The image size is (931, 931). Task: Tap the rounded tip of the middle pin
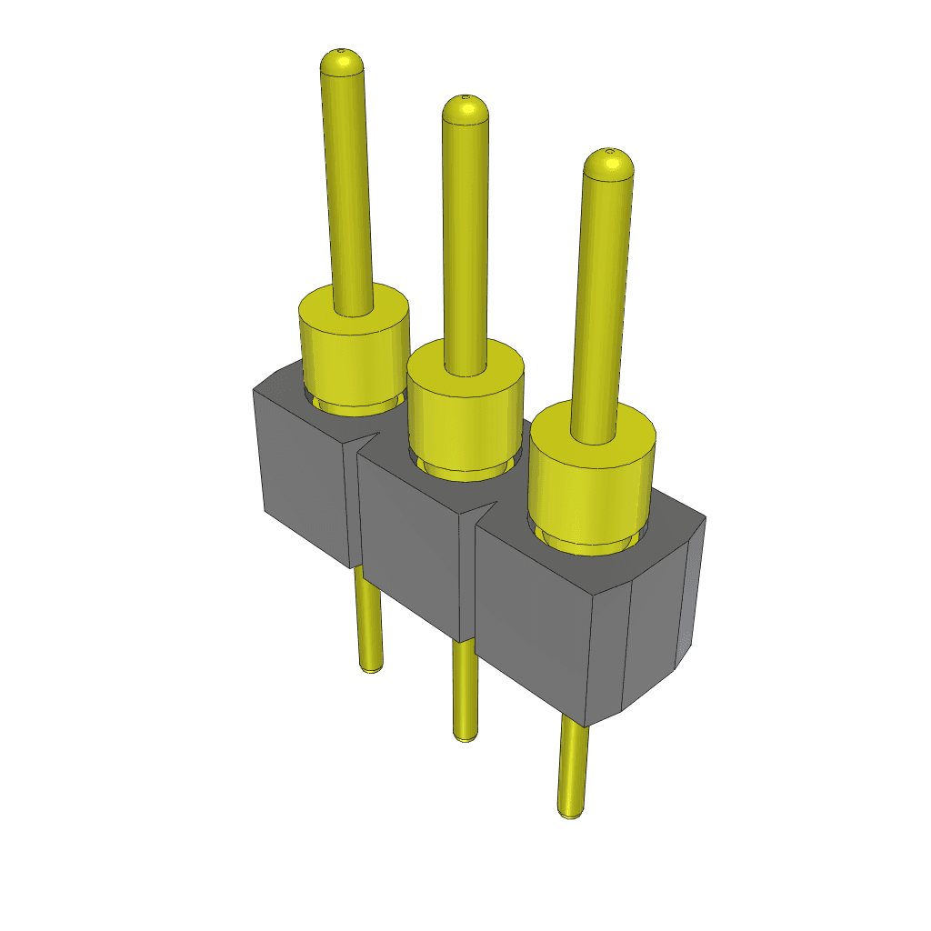coord(465,109)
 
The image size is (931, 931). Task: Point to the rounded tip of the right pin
coord(607,164)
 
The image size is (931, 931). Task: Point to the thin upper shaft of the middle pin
coord(465,236)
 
